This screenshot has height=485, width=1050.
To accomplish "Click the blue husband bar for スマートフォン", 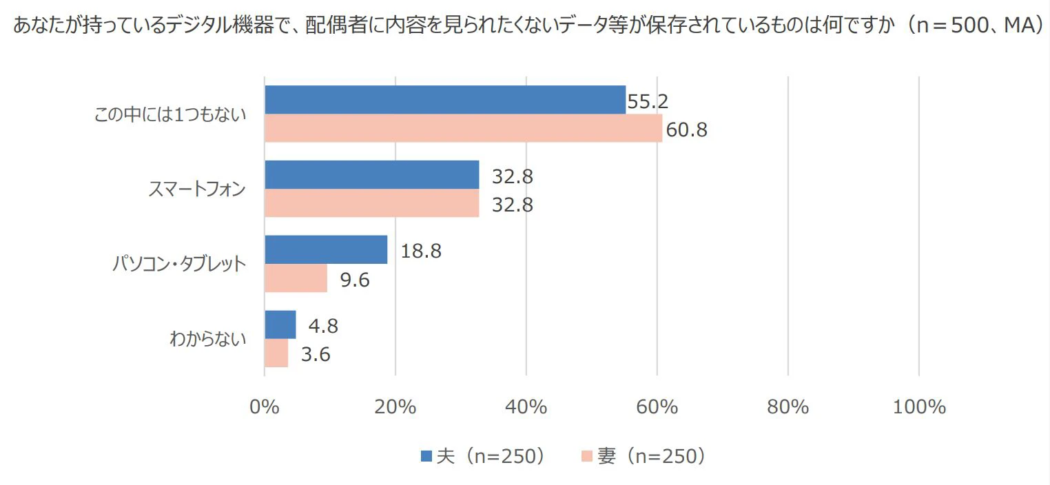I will [x=372, y=174].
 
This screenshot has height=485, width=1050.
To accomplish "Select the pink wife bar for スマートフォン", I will [x=372, y=203].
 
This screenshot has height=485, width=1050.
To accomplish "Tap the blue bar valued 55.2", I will [x=445, y=100].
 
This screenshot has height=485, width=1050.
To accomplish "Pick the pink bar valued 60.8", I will [x=463, y=128].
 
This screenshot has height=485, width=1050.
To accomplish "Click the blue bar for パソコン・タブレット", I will [x=326, y=249].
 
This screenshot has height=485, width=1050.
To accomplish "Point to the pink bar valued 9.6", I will [x=296, y=278].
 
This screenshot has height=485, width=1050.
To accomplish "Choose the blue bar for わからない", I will [x=280, y=324].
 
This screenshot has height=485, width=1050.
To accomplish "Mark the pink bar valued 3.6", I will [x=276, y=353].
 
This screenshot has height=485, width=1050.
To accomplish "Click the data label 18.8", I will [x=420, y=251].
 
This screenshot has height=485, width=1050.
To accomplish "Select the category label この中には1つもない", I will [x=169, y=114].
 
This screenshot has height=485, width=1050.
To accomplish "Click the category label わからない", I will [x=207, y=339].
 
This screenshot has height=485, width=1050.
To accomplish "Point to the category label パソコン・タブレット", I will [x=179, y=264].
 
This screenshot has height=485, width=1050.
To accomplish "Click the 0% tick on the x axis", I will [x=265, y=407].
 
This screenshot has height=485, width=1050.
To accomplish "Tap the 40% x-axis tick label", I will [x=526, y=407].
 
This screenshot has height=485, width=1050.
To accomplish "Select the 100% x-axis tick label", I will [x=919, y=407].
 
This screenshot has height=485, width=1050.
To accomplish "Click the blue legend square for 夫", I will [x=426, y=456].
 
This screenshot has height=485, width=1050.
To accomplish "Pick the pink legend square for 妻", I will [x=586, y=456].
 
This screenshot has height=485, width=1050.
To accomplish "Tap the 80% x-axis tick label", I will [x=787, y=407].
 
